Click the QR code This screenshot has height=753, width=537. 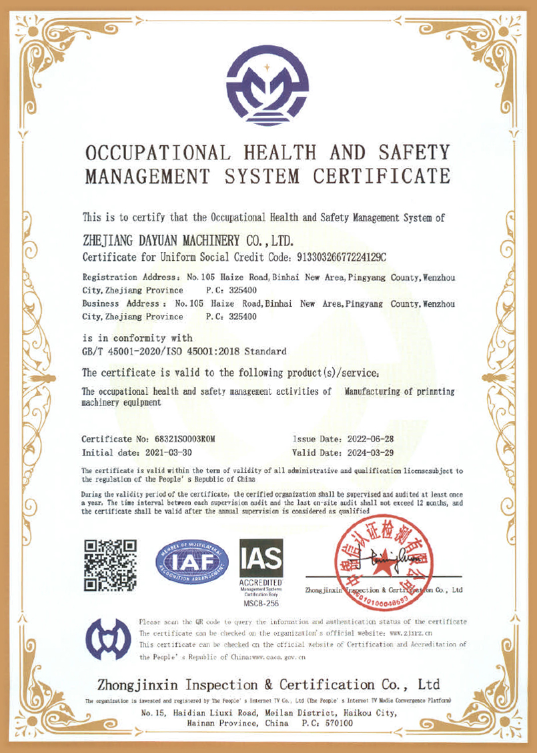[x=111, y=565]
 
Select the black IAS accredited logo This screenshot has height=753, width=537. [x=261, y=558]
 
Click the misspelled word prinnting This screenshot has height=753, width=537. [x=434, y=392]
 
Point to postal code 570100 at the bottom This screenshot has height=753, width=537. [x=338, y=723]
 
